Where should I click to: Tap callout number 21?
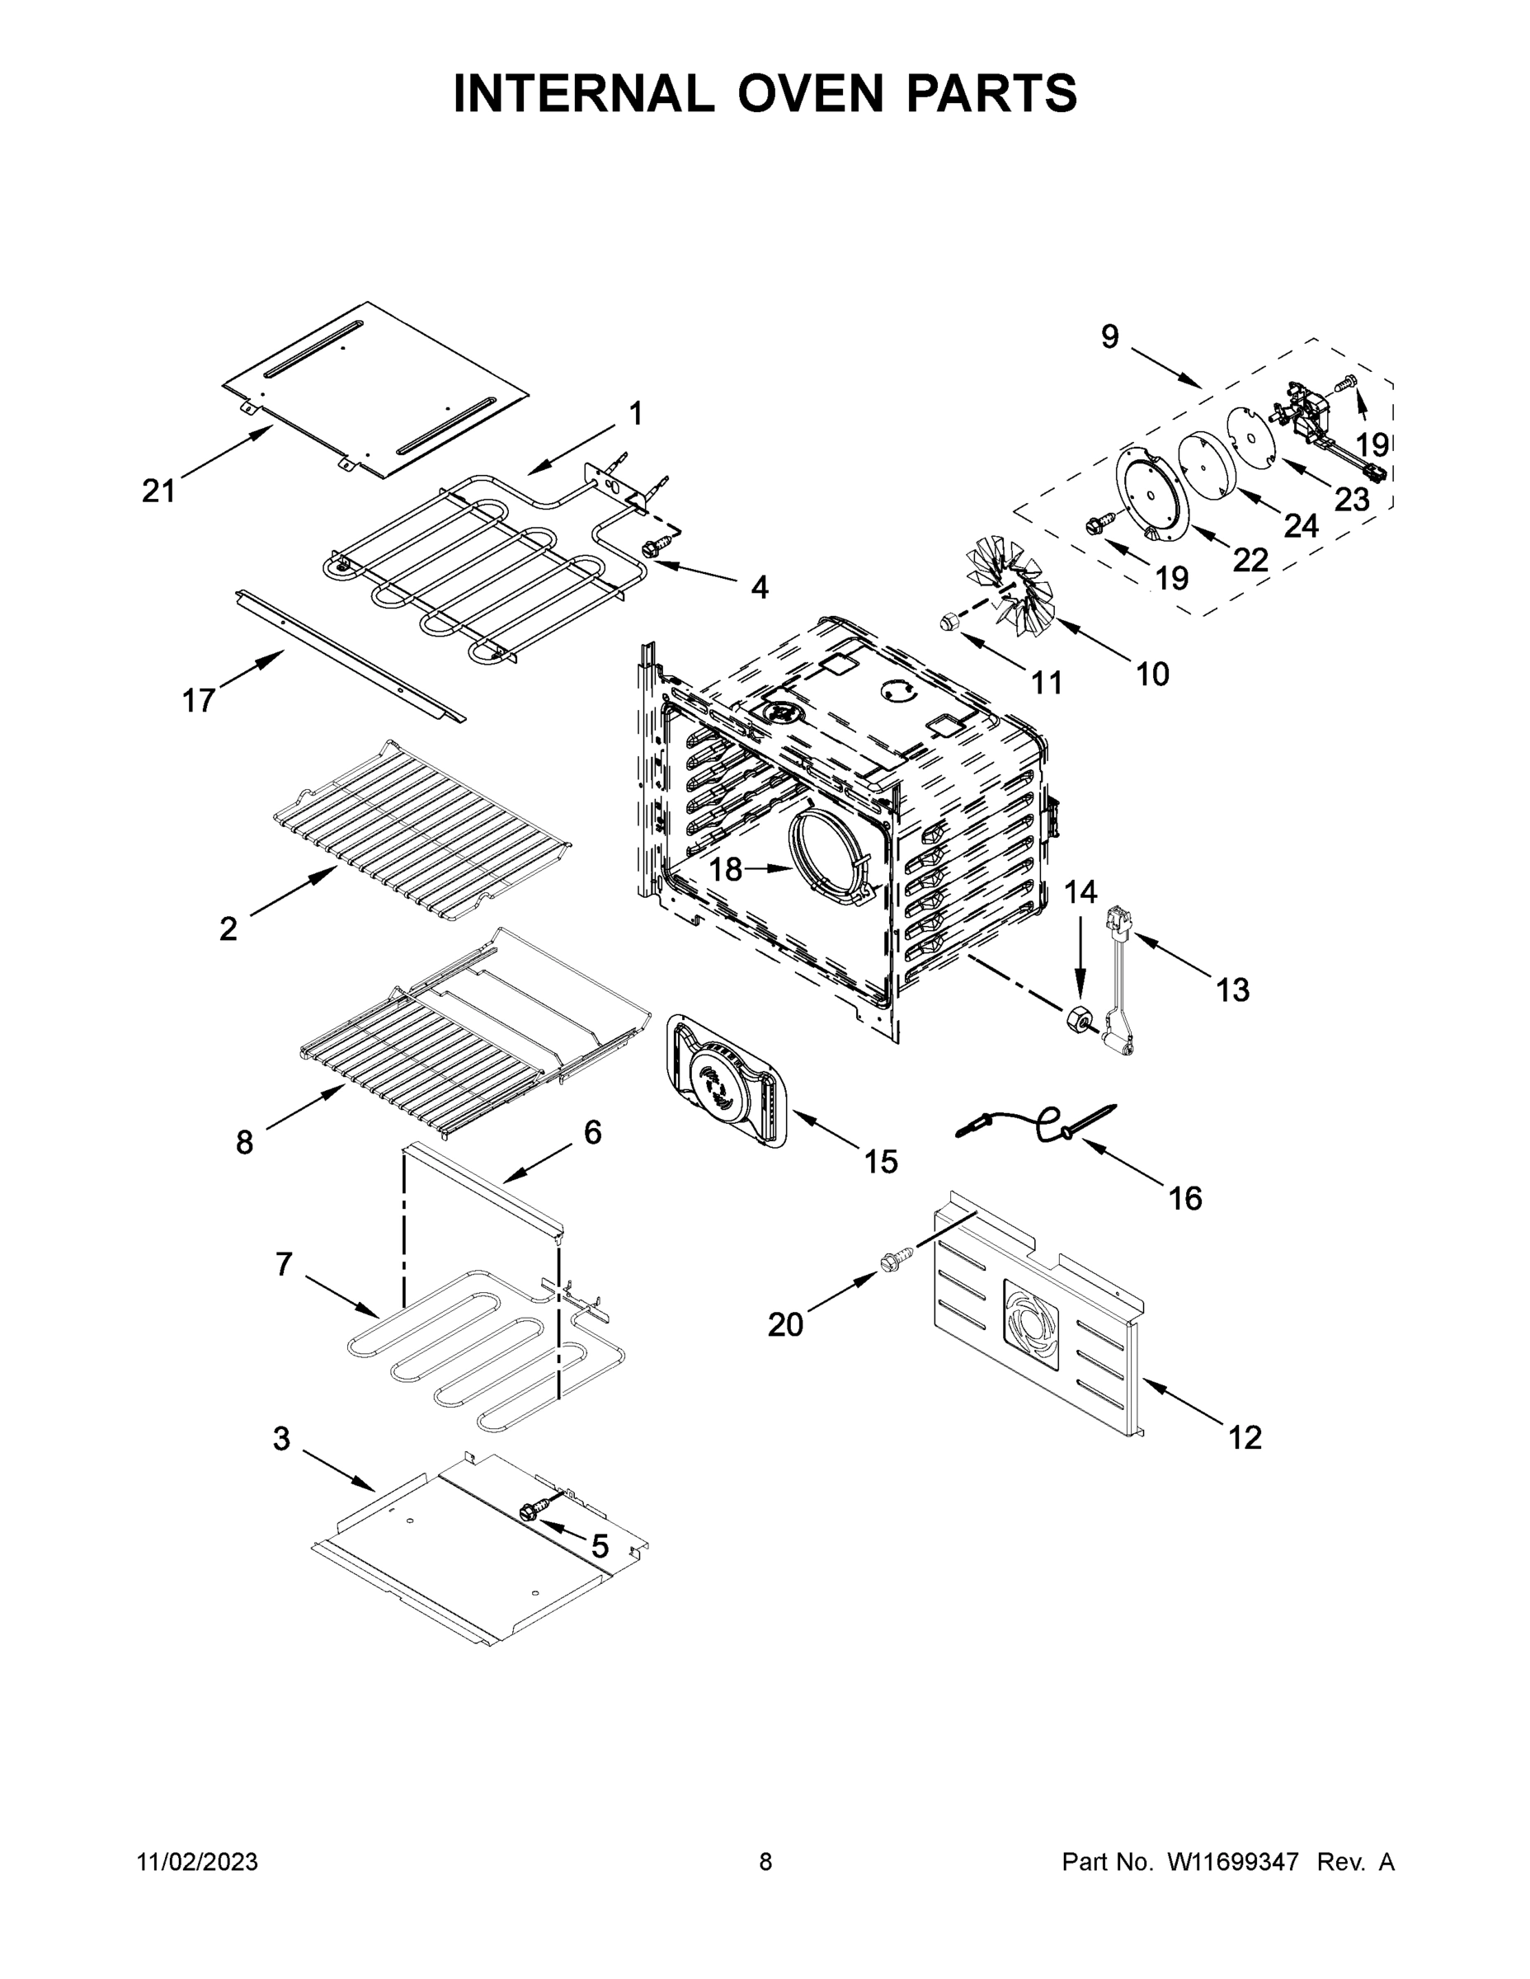(x=158, y=491)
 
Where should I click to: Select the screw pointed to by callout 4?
(x=652, y=547)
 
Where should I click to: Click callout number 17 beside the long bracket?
(x=199, y=699)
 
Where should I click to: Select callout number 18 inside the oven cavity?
(x=725, y=870)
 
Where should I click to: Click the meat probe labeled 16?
(x=1043, y=1123)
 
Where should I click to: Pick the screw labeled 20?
(x=891, y=1262)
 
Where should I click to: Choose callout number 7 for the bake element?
(x=285, y=1263)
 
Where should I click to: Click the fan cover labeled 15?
(x=726, y=1081)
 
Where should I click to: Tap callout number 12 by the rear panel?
(x=1245, y=1437)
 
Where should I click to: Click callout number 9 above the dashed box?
(x=1109, y=337)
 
